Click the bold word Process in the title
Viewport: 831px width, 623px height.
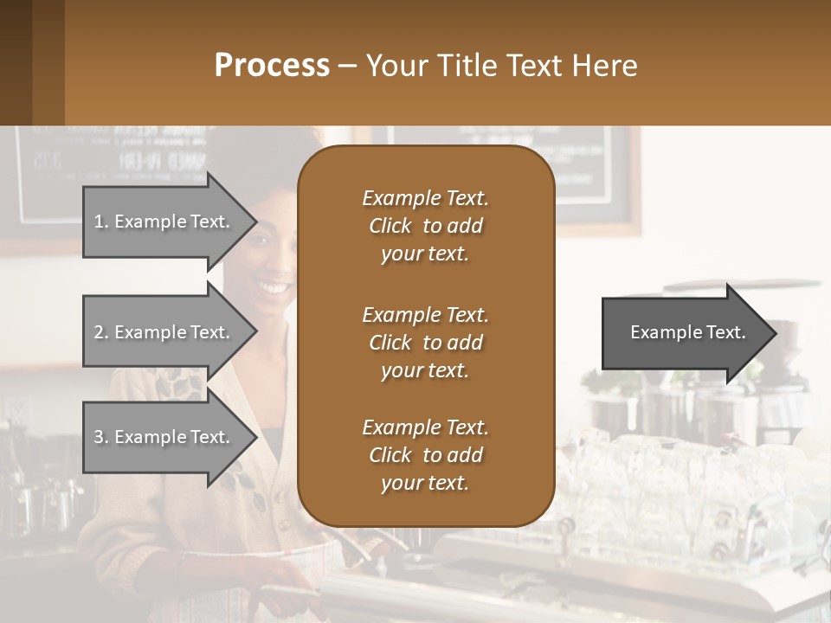pyautogui.click(x=272, y=66)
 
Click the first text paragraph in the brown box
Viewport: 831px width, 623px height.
pyautogui.click(x=425, y=226)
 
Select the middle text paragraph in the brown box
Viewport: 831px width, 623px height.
pyautogui.click(x=425, y=343)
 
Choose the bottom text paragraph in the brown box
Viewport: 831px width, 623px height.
pyautogui.click(x=425, y=455)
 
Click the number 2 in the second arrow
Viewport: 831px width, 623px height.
pyautogui.click(x=99, y=332)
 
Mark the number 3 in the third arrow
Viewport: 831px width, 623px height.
pyautogui.click(x=99, y=438)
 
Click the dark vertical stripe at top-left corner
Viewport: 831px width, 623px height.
pyautogui.click(x=16, y=62)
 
